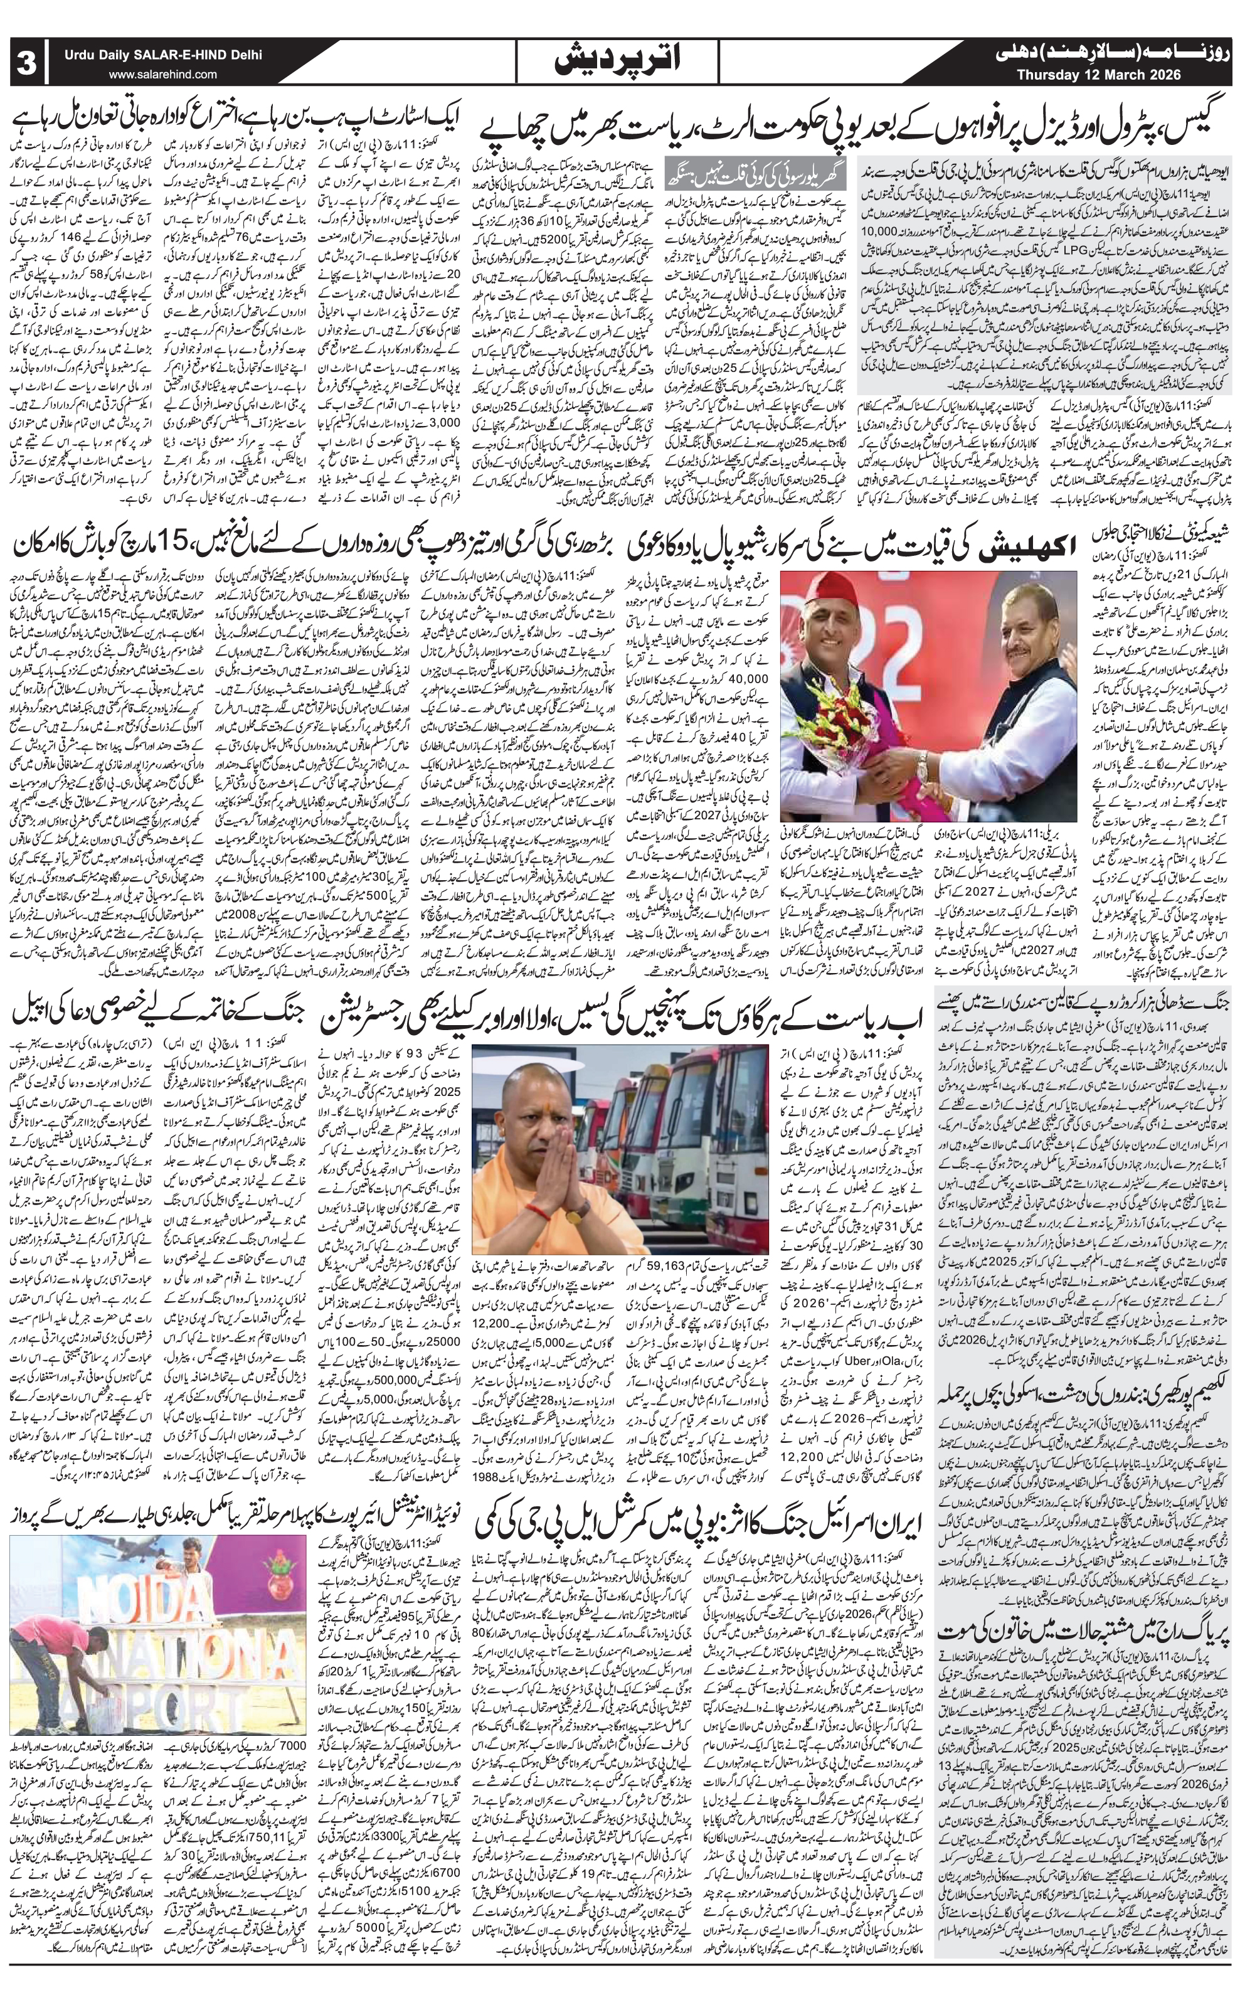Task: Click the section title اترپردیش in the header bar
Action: coord(620,61)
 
